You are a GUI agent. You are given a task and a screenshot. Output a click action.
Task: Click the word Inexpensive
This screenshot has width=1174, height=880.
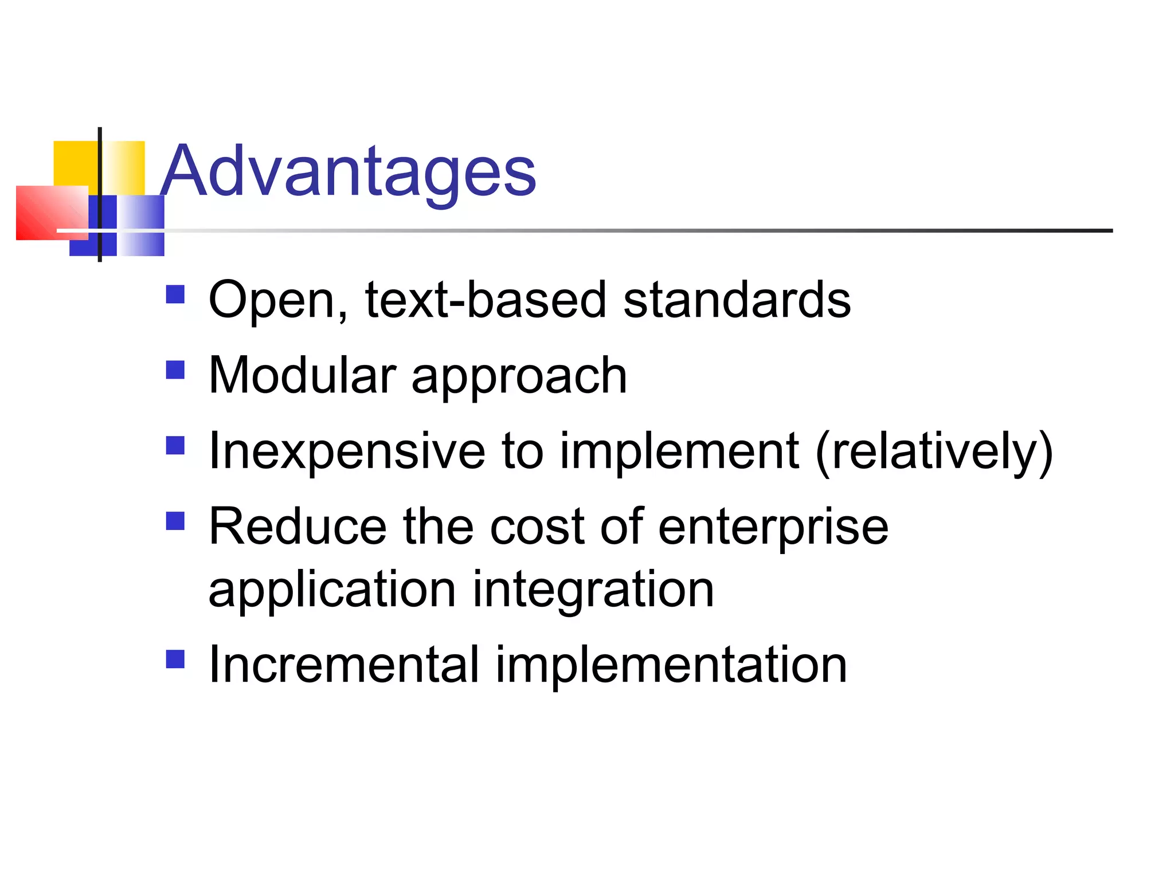coord(347,453)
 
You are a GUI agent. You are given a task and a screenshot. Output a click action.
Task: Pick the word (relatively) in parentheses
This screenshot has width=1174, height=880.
coord(934,453)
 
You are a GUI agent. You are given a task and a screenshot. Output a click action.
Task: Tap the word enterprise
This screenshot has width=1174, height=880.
coord(773,528)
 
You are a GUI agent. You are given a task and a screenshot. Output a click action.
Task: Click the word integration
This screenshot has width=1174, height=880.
coord(593,590)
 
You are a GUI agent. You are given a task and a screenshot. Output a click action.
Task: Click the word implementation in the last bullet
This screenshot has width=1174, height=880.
coord(671,666)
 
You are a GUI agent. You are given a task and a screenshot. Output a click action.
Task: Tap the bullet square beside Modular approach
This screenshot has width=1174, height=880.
coord(175,370)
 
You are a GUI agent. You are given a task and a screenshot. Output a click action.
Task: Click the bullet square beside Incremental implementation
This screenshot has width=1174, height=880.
coord(175,659)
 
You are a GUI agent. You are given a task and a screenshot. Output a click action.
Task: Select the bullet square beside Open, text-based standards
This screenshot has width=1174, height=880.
coord(175,294)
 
